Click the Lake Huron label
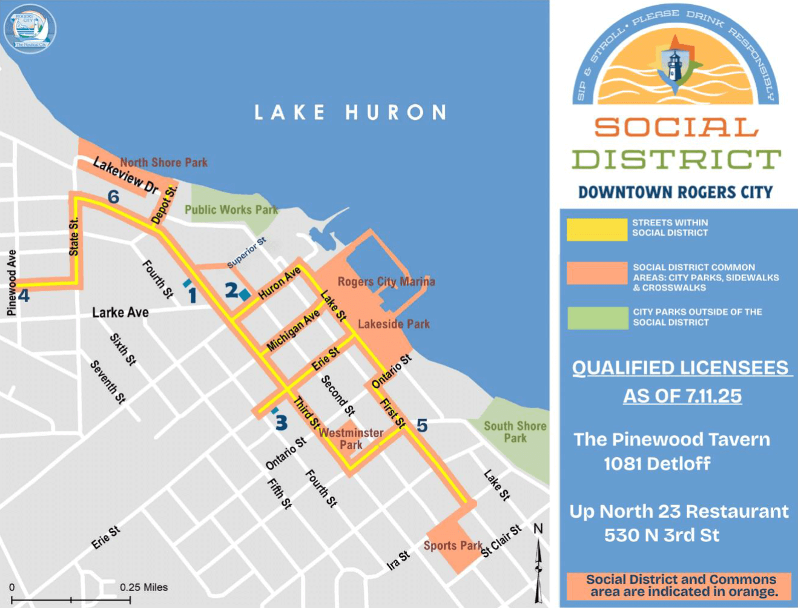point(350,113)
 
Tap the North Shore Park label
point(163,162)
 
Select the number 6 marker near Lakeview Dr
point(113,197)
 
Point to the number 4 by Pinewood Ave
point(24,296)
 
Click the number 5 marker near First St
point(422,426)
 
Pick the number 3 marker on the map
point(281,422)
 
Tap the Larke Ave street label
point(120,312)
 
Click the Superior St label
point(246,253)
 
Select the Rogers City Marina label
point(386,282)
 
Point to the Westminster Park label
point(351,438)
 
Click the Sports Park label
point(452,546)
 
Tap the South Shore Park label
point(515,432)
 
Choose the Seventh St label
point(108,382)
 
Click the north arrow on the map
point(538,563)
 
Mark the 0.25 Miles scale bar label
point(143,587)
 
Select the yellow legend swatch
point(596,230)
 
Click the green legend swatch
point(597,318)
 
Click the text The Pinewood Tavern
point(671,439)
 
